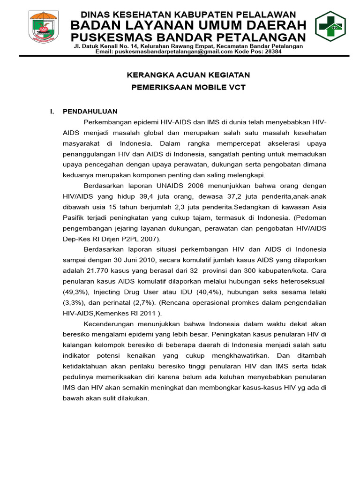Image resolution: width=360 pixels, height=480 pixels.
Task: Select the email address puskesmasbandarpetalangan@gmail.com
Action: pos(173,52)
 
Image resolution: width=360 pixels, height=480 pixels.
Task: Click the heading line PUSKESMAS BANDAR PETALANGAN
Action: pos(188,37)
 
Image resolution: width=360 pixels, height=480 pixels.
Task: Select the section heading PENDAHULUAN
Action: pos(90,112)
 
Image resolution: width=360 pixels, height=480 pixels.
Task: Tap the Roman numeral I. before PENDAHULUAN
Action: pos(52,112)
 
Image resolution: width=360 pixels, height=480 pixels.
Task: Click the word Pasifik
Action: pos(74,217)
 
